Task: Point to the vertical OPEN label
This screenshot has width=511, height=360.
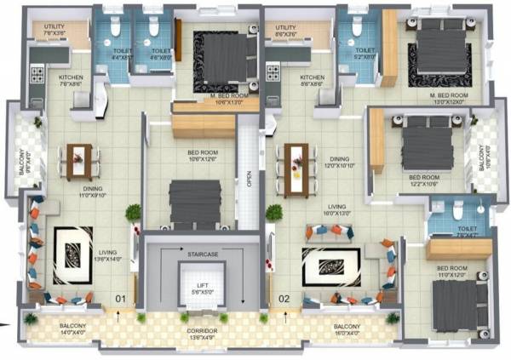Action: click(249, 180)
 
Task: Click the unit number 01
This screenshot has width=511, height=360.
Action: click(121, 300)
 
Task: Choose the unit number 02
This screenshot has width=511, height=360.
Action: click(284, 300)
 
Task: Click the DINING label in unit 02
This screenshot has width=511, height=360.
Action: click(339, 162)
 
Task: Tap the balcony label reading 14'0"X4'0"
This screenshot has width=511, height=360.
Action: click(72, 330)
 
